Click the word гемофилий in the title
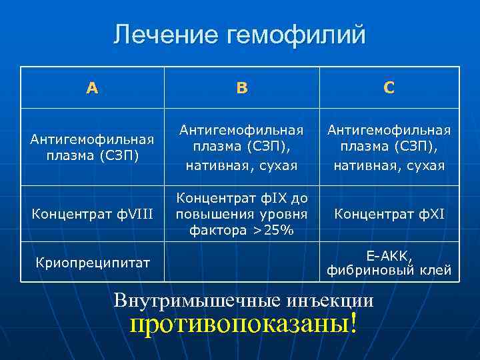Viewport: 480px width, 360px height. tap(296, 35)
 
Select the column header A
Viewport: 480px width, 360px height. tap(92, 87)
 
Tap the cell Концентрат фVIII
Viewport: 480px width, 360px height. tap(92, 214)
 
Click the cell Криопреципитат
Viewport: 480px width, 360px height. tap(92, 263)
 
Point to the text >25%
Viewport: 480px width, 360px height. tap(273, 229)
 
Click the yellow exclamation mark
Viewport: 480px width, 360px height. tap(353, 325)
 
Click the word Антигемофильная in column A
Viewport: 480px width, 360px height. tap(92, 139)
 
